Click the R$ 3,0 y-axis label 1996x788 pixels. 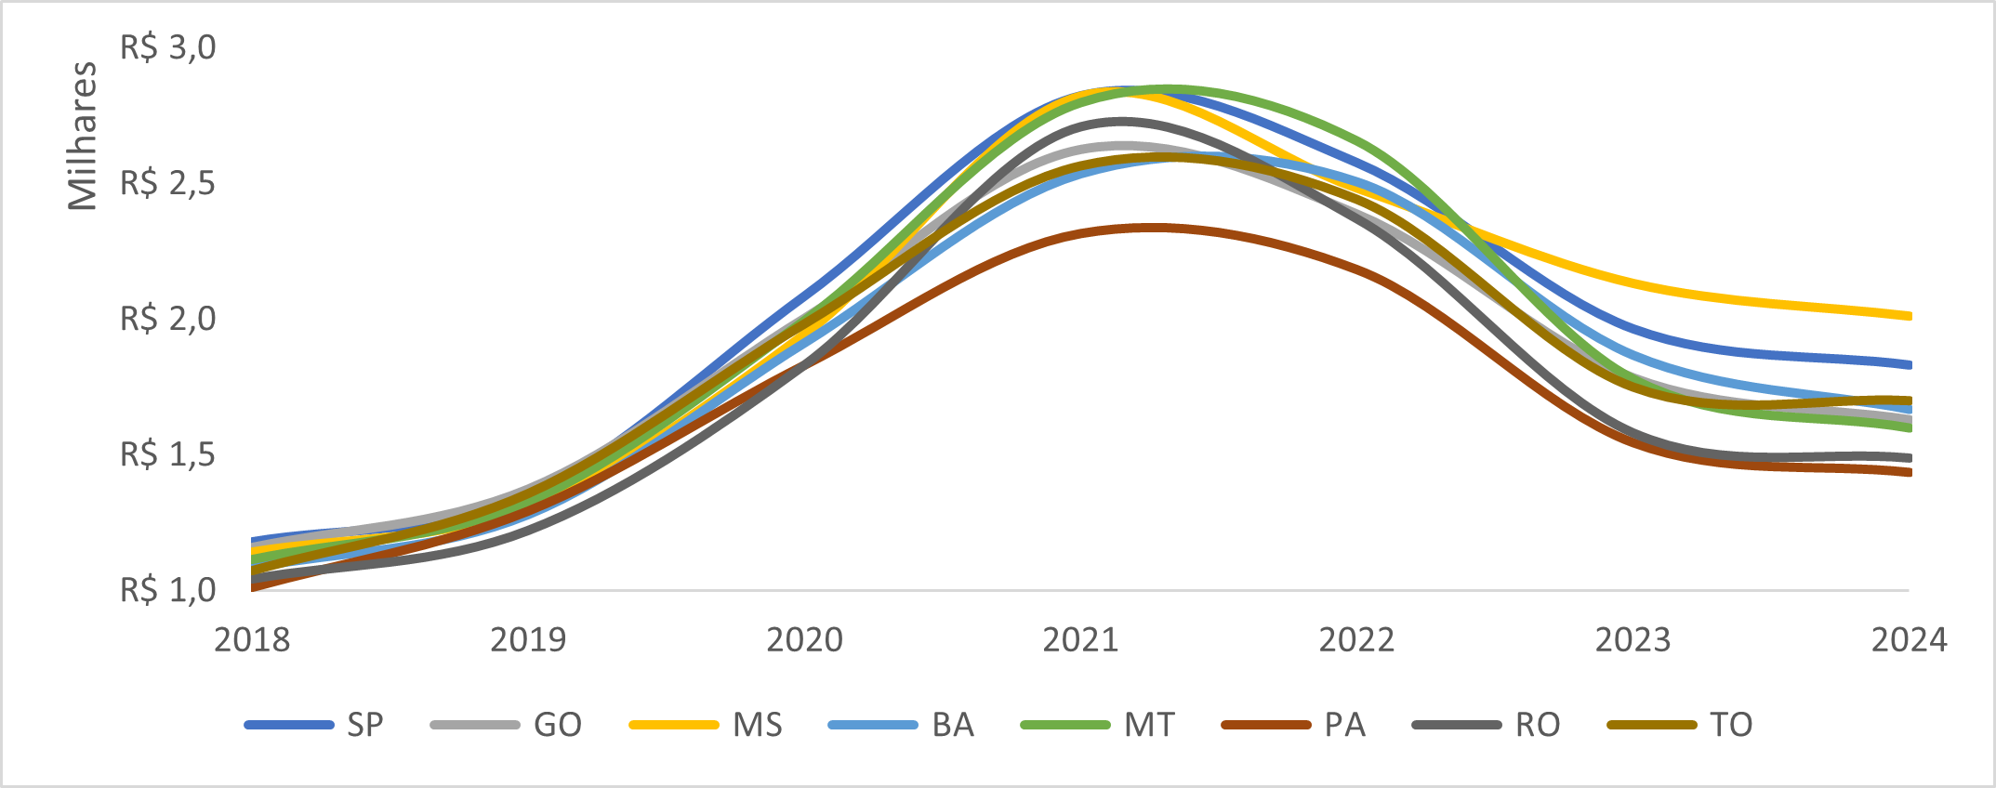tap(167, 47)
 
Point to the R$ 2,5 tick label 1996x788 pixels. tap(167, 183)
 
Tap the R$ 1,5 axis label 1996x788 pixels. tap(167, 454)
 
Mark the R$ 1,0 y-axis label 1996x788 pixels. tap(167, 590)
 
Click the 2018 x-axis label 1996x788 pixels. tap(252, 640)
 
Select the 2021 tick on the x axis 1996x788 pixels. tap(1080, 640)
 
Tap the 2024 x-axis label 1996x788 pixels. tap(1909, 640)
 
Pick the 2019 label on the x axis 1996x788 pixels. tap(528, 640)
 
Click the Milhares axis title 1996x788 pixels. tap(83, 136)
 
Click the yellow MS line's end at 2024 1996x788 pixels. tap(1909, 316)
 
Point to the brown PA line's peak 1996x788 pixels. tap(1153, 227)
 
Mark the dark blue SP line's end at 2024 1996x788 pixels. tap(1909, 364)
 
